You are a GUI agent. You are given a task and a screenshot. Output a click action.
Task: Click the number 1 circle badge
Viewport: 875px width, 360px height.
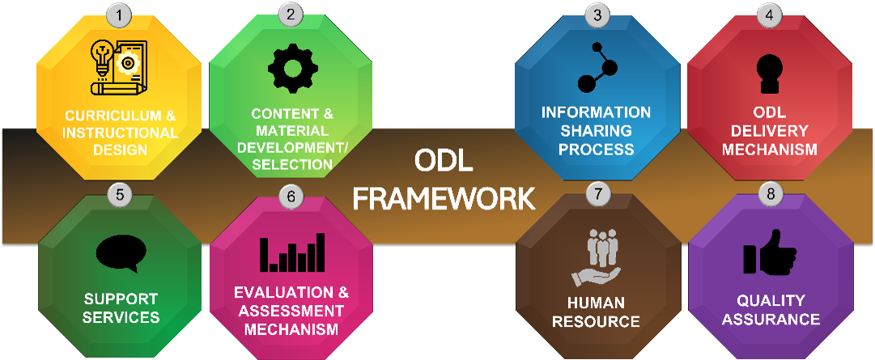coord(119,14)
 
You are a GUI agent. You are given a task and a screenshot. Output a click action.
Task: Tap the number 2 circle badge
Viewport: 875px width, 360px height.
coord(291,14)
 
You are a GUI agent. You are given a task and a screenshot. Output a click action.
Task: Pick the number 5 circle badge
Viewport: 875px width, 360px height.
coord(119,194)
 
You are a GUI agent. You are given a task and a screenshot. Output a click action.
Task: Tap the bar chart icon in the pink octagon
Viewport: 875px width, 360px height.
coord(292,252)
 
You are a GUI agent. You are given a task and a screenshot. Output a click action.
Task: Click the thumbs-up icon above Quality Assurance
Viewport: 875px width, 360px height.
coord(769,253)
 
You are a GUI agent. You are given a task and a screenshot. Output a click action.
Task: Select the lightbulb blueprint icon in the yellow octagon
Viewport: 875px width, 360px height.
coord(119,66)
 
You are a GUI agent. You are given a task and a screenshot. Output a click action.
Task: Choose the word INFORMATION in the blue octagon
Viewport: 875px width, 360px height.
coord(597,112)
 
